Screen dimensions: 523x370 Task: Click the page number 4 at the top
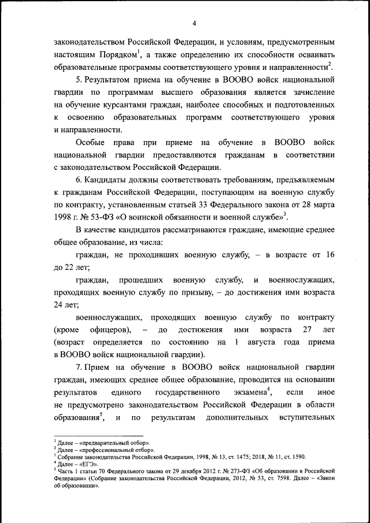click(194, 23)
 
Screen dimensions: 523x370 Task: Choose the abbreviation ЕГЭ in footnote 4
click(89, 463)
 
